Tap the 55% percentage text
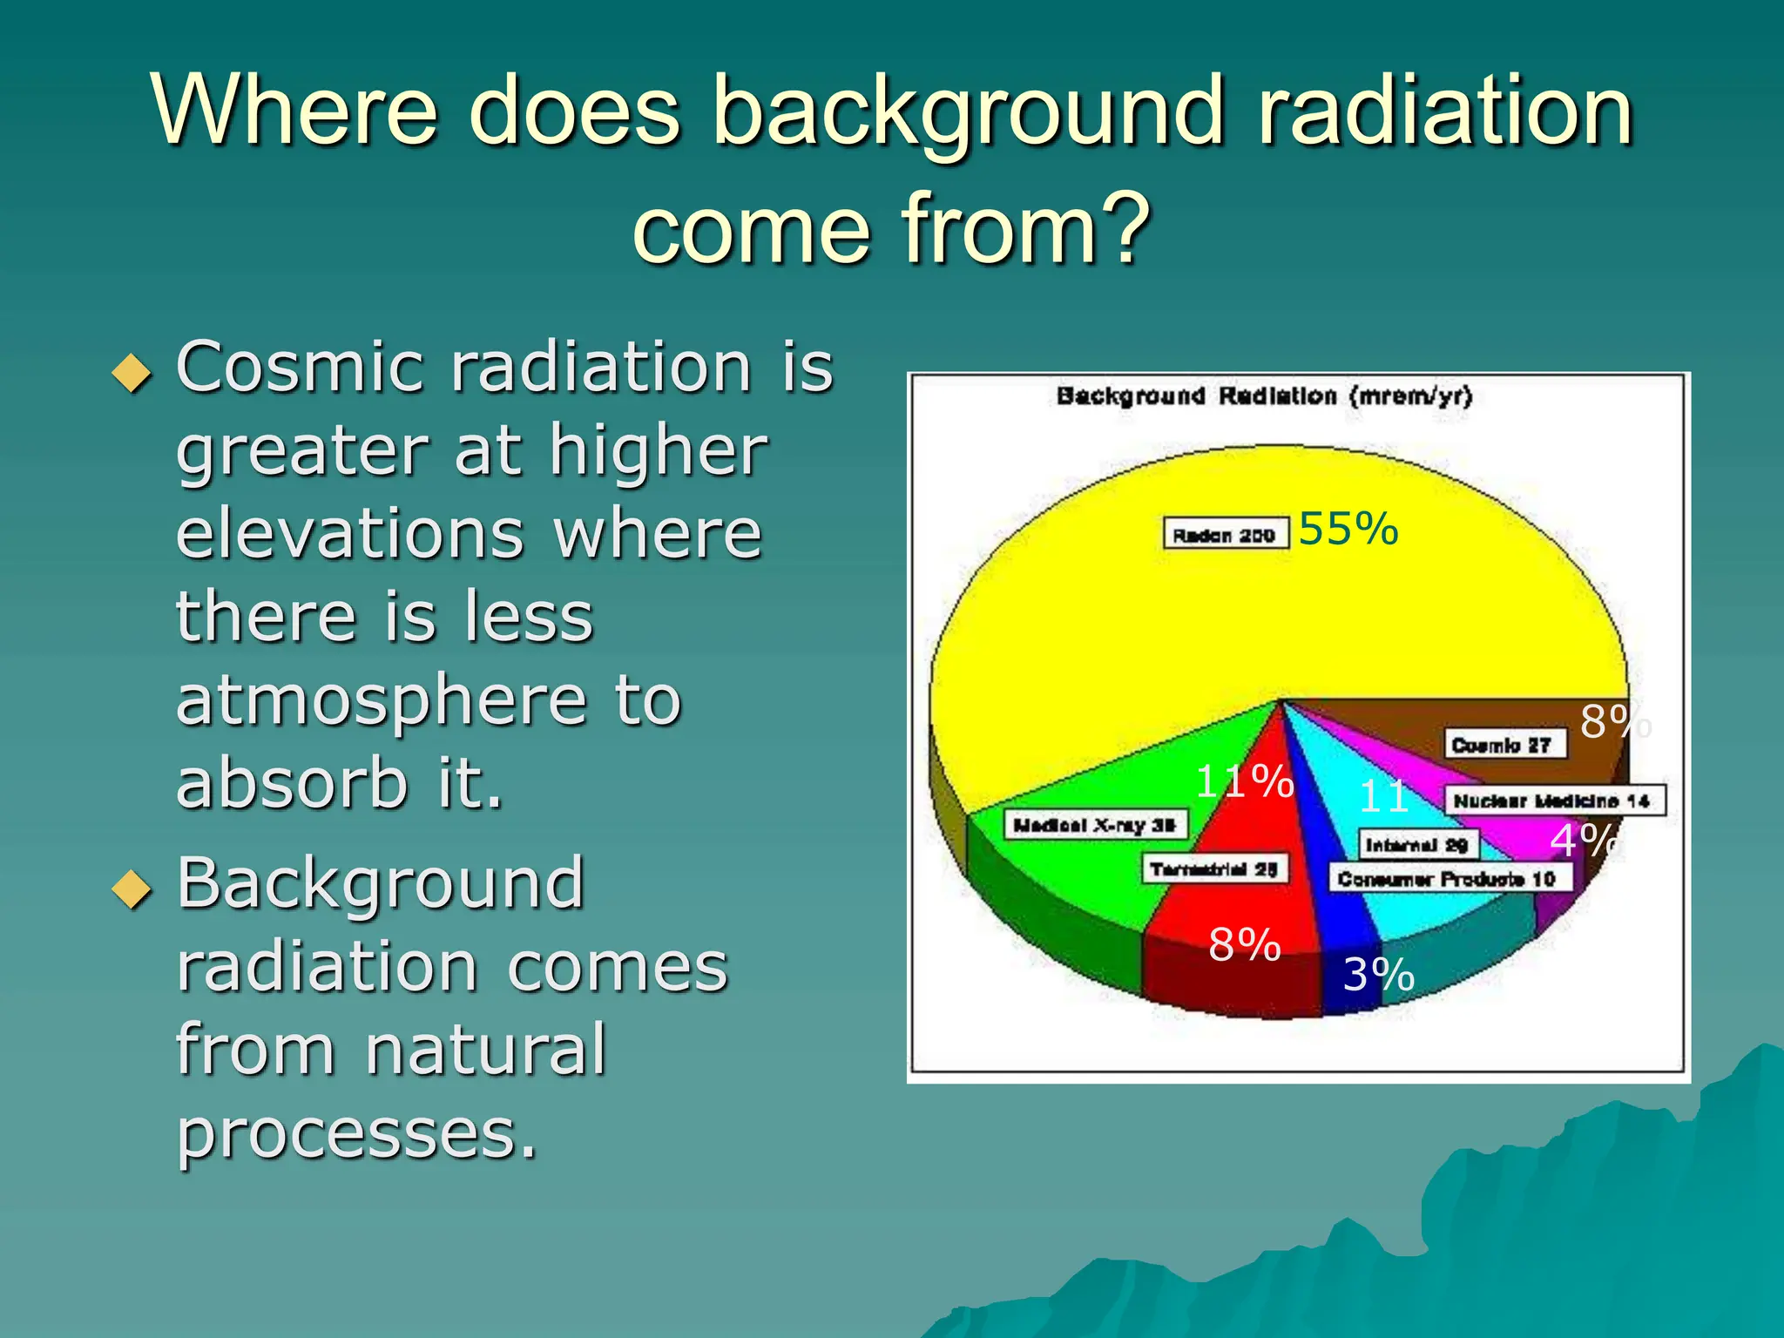coord(1348,529)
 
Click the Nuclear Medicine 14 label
coord(1553,801)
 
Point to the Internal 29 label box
coord(1417,844)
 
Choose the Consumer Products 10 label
coord(1449,878)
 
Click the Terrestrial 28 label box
coord(1214,868)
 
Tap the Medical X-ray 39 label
coord(1096,824)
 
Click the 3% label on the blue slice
coord(1378,975)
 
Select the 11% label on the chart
coord(1244,781)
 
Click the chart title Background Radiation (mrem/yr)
coord(1264,396)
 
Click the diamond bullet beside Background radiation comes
coord(132,889)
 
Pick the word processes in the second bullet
coord(357,1134)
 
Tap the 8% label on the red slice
coord(1244,944)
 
